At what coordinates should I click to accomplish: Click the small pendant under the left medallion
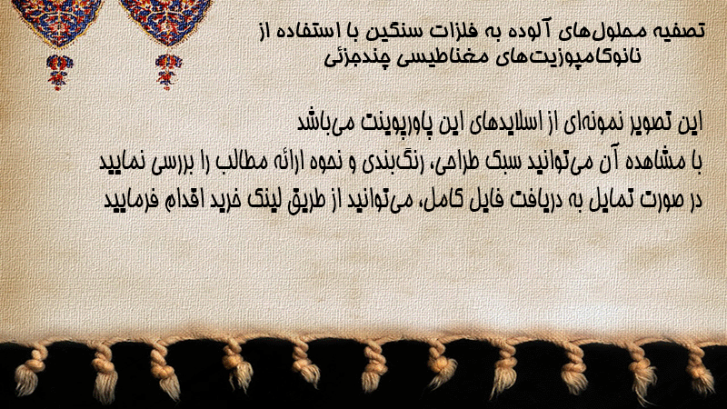(59, 72)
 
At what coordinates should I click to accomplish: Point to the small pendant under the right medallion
(168, 72)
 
